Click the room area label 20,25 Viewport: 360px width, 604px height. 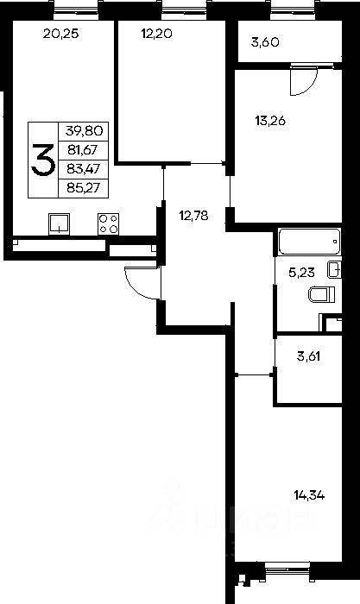tap(61, 34)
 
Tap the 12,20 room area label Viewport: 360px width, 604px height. tap(156, 34)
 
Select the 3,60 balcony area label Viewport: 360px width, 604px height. tap(265, 42)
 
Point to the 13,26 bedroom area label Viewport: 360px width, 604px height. tap(270, 121)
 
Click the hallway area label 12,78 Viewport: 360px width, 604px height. tap(194, 216)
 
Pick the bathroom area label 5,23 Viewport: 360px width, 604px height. tap(301, 273)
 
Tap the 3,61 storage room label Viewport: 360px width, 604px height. tap(308, 355)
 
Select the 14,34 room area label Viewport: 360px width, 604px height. tap(309, 495)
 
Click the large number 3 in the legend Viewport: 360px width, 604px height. tap(43, 160)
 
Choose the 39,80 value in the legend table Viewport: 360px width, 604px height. tap(84, 131)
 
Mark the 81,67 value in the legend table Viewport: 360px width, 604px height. tap(83, 149)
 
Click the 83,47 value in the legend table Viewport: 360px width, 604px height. tap(83, 168)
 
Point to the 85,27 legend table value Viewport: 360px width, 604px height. tap(83, 187)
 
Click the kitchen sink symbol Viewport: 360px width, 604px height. tap(59, 223)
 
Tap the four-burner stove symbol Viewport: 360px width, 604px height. tap(108, 223)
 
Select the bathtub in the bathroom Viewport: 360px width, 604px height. tap(310, 242)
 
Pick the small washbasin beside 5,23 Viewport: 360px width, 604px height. tap(334, 269)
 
